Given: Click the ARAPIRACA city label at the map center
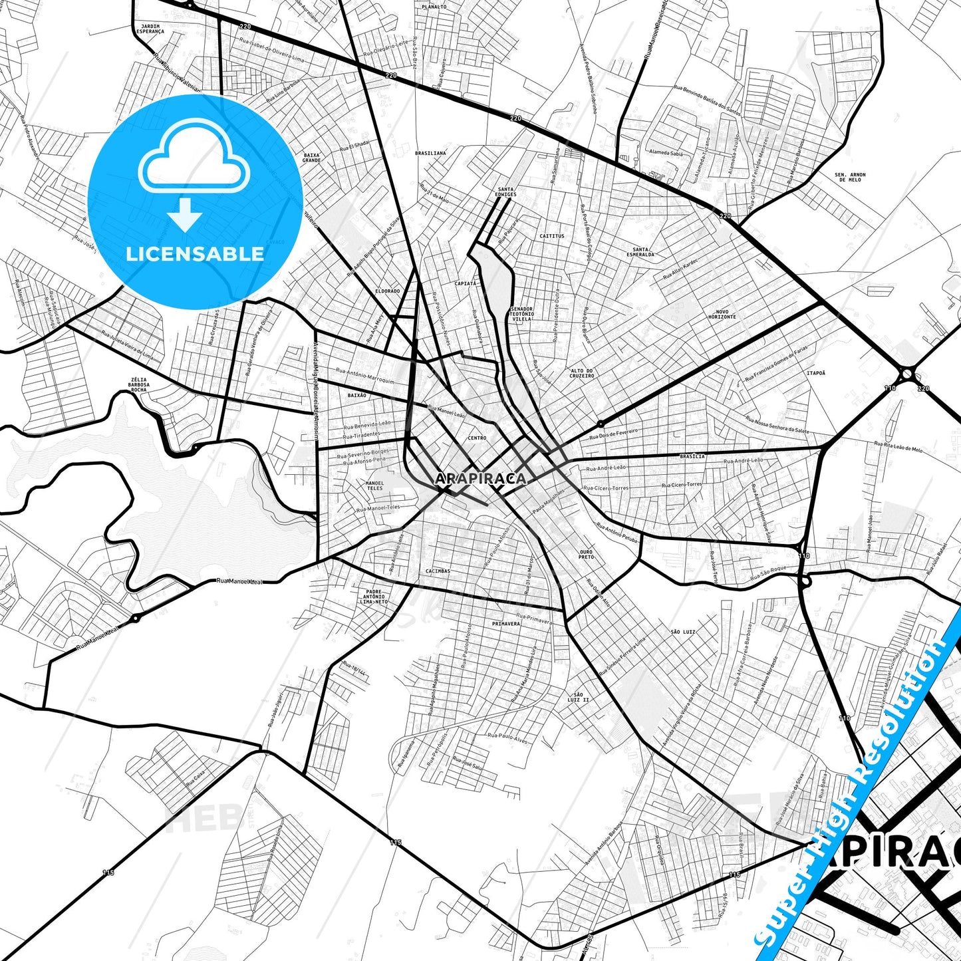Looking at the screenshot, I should [480, 478].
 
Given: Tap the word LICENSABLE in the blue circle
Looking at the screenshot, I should [195, 253].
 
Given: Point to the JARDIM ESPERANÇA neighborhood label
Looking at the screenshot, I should [150, 29].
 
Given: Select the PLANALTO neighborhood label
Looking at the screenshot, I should [434, 7].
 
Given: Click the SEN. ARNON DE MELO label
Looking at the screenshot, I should [850, 177].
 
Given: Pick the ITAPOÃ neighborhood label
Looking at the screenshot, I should [816, 373].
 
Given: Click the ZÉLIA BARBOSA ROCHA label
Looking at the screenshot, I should [138, 384].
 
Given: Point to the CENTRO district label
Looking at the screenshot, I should [477, 438].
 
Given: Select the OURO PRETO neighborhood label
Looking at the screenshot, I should [586, 554].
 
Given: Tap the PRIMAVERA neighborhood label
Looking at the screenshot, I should [505, 624].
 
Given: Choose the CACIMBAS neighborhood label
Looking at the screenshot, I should [438, 571].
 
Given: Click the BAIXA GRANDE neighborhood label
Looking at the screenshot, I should [311, 158].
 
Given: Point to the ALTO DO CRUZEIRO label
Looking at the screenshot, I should [582, 373].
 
